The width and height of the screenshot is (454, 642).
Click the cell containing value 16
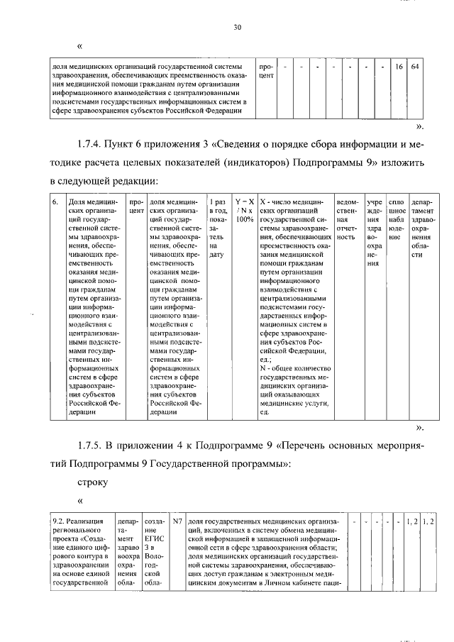tap(399, 67)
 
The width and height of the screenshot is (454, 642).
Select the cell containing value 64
tap(416, 67)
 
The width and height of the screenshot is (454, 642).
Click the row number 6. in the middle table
tap(55, 201)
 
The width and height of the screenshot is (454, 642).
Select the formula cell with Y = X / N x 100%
tap(245, 211)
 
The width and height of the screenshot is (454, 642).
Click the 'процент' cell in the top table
tap(266, 71)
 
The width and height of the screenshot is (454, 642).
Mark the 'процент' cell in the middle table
tap(136, 206)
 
